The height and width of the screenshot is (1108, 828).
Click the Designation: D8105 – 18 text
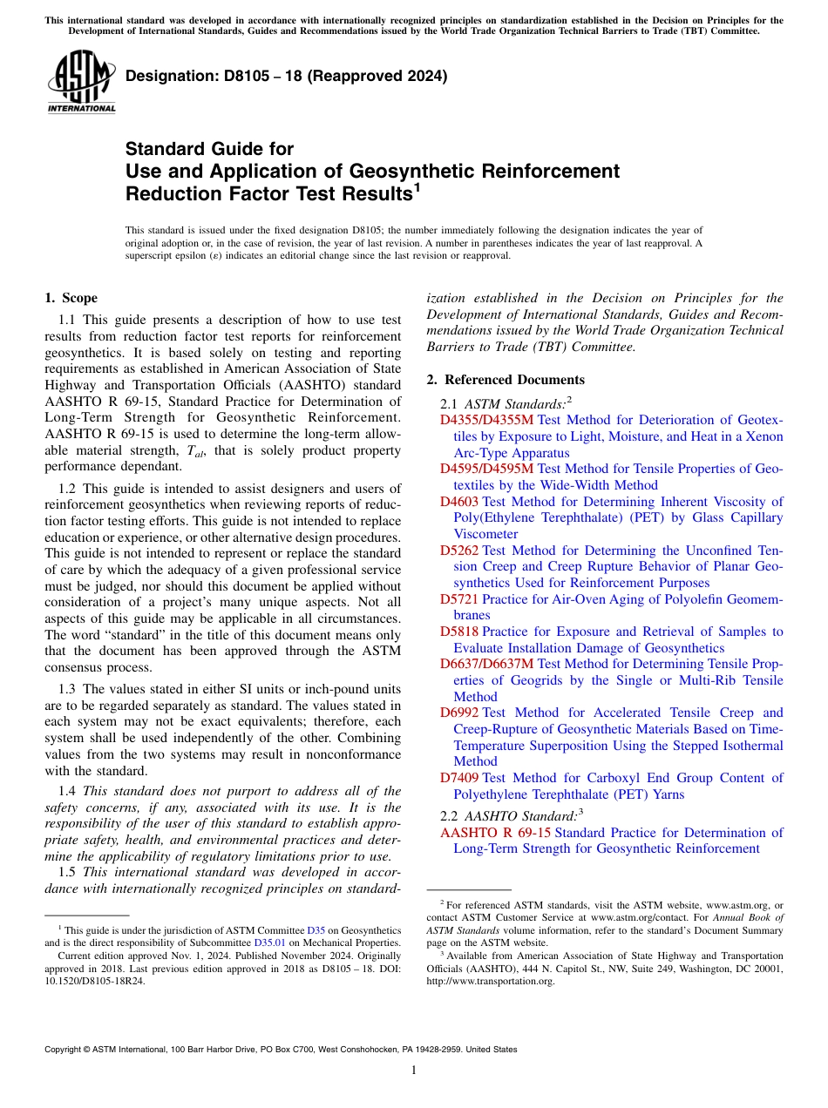286,76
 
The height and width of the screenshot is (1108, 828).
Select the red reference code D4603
459,502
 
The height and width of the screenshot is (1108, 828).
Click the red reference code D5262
459,551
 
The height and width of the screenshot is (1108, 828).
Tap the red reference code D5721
459,599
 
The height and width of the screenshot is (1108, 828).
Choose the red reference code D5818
459,632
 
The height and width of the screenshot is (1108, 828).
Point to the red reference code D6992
459,713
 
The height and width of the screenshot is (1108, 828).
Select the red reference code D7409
459,778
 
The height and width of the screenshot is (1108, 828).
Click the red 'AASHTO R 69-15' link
495,833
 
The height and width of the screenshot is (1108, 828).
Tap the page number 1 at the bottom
414,1071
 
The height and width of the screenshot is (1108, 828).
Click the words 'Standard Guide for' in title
210,149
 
